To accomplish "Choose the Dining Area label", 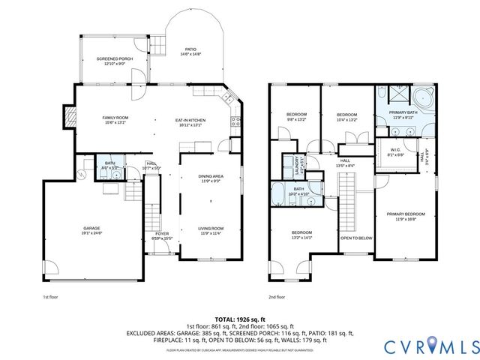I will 211,176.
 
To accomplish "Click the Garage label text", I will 91,228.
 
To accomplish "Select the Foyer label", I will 161,234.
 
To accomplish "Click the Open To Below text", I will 355,238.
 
